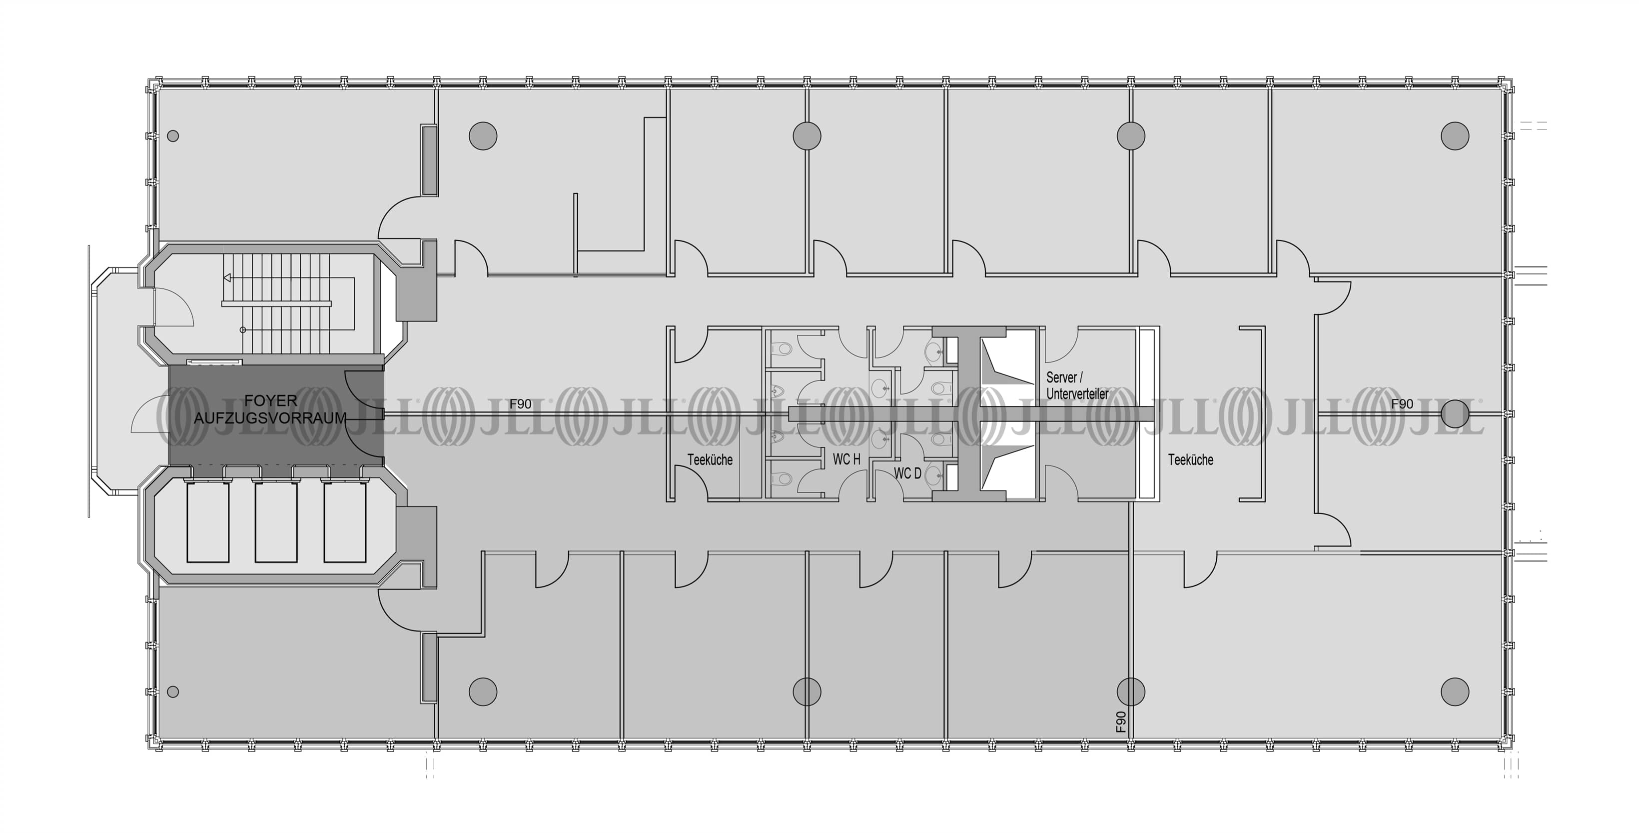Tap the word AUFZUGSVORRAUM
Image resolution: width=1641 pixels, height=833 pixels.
coord(270,418)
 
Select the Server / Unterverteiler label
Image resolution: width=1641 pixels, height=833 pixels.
coord(1076,385)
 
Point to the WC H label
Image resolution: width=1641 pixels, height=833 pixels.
coord(846,459)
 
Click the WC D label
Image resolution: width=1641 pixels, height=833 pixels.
coord(907,473)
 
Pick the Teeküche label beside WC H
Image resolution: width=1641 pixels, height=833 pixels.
coord(710,459)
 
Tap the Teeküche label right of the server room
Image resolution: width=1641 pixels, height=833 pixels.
coord(1190,459)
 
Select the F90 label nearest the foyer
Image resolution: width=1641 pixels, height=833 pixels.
coord(521,404)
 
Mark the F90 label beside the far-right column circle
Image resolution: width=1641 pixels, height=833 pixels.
coord(1402,404)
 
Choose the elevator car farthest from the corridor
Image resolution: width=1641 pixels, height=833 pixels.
coord(207,522)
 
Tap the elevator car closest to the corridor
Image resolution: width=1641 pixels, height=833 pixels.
coord(345,522)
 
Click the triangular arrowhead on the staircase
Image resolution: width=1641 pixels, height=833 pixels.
coord(227,278)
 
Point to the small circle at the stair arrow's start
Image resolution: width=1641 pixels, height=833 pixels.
coord(243,330)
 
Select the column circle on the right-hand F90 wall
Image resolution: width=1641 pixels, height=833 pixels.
coord(1454,413)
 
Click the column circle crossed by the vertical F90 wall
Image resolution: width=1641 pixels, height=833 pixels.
coord(1131,690)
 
